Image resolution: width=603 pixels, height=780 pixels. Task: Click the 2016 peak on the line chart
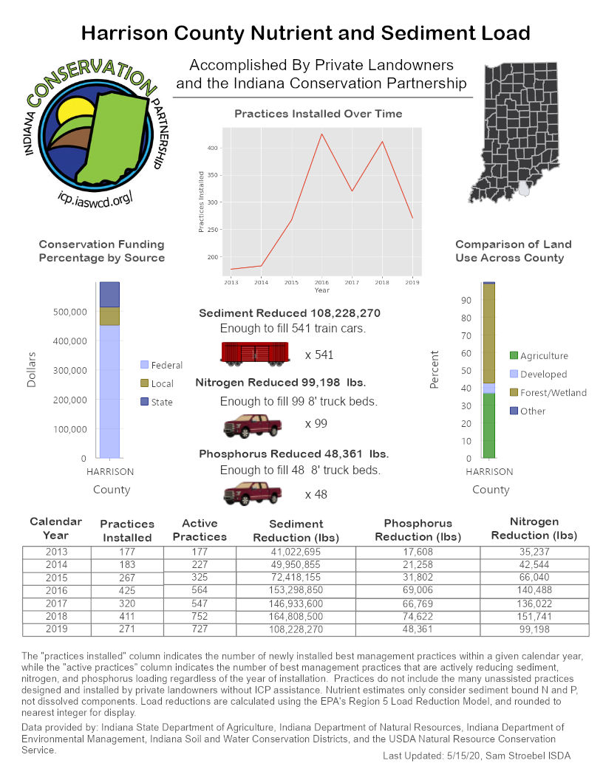coord(321,134)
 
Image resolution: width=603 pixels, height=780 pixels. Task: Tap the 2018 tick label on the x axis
coord(383,281)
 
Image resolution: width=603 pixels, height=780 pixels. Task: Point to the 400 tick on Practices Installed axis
coord(213,148)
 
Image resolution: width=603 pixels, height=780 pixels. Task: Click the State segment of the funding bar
coord(109,294)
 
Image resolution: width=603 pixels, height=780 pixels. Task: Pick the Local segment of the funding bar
coord(109,316)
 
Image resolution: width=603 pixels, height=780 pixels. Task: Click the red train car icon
coord(255,354)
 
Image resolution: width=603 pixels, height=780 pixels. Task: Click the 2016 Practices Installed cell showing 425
coord(127,591)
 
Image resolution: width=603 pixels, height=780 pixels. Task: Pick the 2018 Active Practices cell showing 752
coord(200,616)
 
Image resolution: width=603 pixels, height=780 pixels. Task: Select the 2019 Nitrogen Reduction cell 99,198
coord(534,629)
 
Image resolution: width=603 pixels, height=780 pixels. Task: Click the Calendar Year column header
coord(55,528)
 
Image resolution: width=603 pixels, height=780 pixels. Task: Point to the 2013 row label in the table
coord(55,552)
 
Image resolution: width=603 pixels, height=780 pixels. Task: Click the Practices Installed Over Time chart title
coord(318,114)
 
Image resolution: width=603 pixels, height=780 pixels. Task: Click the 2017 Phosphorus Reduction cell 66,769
coord(418,603)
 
